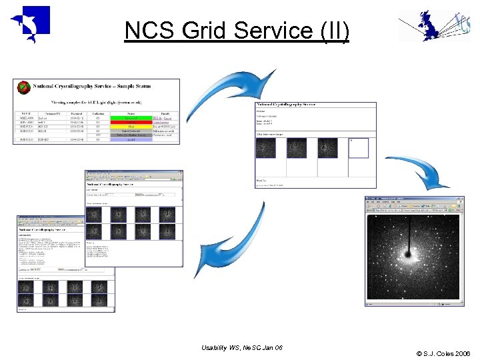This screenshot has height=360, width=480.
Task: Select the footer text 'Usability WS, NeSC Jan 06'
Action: pyautogui.click(x=241, y=348)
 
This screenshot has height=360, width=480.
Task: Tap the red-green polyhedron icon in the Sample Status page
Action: pyautogui.click(x=25, y=87)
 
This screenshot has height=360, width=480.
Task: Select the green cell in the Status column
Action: pyautogui.click(x=127, y=118)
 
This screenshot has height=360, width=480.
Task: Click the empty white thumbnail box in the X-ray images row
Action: pyautogui.click(x=358, y=147)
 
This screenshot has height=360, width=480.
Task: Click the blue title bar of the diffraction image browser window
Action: pyautogui.click(x=413, y=199)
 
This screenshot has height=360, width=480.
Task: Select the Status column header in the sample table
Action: pyautogui.click(x=127, y=113)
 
